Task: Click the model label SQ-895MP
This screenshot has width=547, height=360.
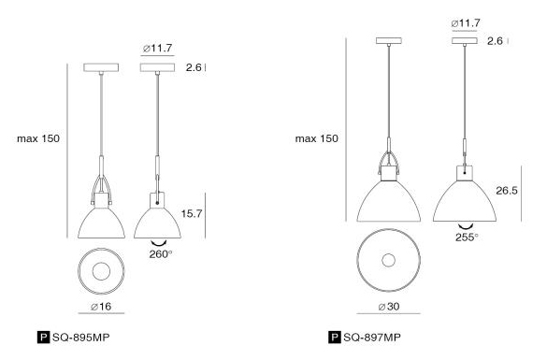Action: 81,338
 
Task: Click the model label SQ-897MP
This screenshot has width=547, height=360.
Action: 372,338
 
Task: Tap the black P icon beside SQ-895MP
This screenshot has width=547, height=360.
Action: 43,338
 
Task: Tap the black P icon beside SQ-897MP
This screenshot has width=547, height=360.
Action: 334,338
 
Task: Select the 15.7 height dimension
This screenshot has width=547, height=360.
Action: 192,213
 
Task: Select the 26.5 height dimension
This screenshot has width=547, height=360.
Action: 507,191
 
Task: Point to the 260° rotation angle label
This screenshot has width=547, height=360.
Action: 161,254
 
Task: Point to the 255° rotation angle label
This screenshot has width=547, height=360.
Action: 467,238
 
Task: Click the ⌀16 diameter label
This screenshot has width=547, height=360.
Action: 101,307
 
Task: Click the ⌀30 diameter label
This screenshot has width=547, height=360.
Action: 389,307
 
